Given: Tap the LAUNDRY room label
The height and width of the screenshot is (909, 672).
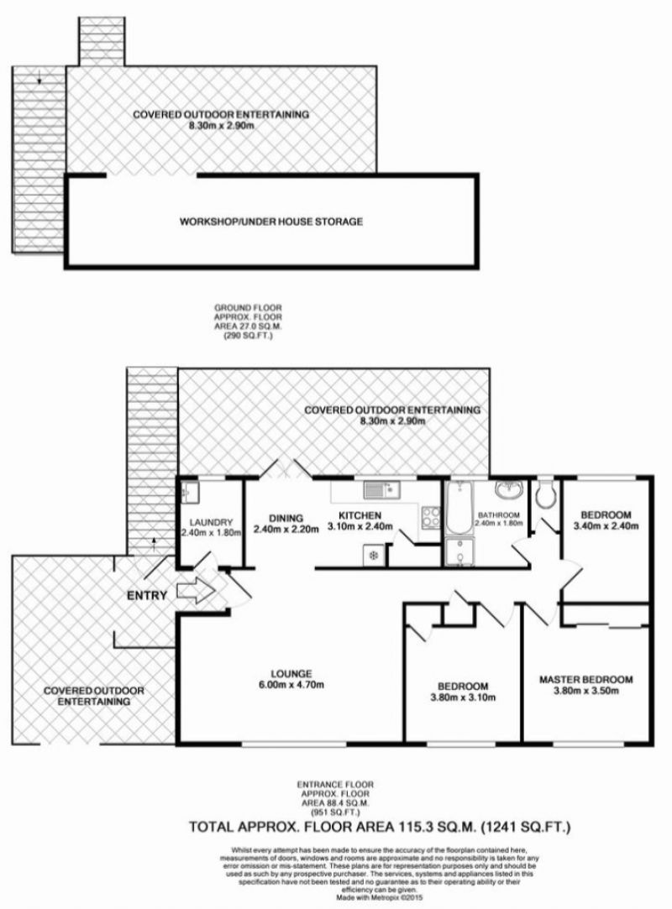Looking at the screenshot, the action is click(211, 522).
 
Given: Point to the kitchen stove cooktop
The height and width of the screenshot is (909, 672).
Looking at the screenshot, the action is click(430, 518).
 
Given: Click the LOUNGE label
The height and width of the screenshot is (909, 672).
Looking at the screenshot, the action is click(291, 674).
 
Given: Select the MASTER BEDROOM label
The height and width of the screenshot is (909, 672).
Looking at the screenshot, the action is click(586, 679).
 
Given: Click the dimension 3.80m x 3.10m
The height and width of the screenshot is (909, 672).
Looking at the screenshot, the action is click(463, 697).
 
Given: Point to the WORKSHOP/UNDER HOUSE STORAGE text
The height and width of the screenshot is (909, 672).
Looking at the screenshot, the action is click(271, 222).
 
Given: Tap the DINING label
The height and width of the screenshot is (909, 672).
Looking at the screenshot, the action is click(286, 518).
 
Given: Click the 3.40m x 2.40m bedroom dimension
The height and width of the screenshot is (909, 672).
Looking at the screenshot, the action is click(606, 526).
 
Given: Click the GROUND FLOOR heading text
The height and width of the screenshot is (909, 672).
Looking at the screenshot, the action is click(249, 308).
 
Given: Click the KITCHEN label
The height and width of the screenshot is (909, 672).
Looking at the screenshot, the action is click(360, 515).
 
